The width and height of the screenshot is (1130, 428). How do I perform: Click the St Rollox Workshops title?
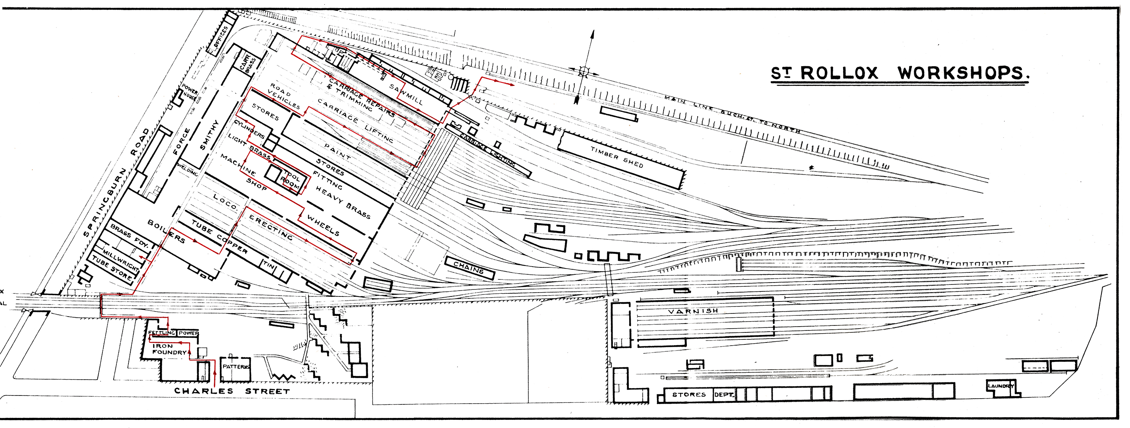click(899, 73)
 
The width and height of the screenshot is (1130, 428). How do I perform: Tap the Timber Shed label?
click(616, 157)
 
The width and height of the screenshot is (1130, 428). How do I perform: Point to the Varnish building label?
click(693, 311)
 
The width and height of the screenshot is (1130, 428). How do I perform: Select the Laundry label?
click(1000, 386)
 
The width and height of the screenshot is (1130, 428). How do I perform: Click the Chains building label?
click(468, 268)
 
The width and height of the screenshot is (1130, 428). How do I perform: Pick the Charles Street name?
click(232, 391)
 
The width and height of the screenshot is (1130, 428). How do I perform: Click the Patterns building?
click(236, 366)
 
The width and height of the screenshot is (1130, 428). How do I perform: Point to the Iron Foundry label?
click(169, 349)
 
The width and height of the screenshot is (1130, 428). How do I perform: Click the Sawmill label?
click(406, 94)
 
